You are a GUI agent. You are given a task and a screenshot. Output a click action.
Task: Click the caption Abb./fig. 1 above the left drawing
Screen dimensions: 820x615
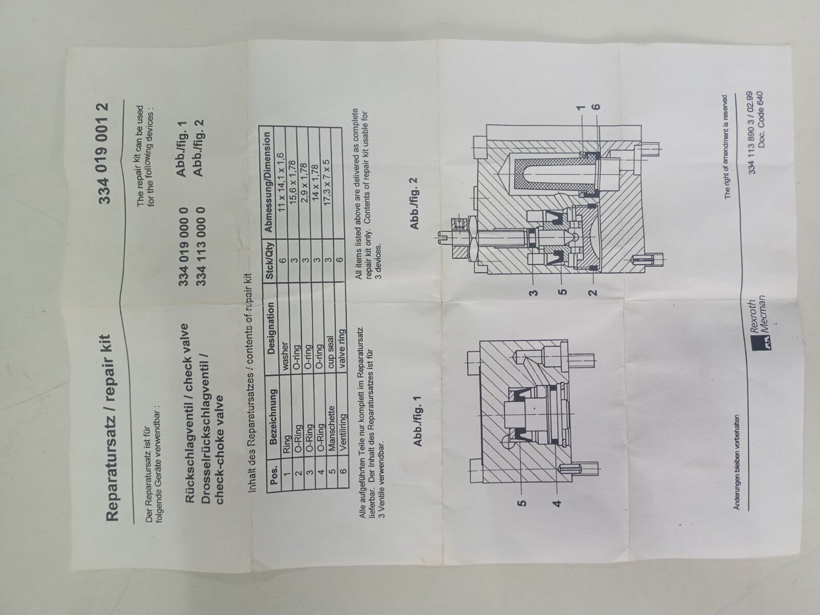pos(418,421)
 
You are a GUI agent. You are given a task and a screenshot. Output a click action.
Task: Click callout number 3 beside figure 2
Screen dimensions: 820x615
pos(535,292)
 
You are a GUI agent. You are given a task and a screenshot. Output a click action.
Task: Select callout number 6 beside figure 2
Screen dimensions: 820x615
pos(597,107)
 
